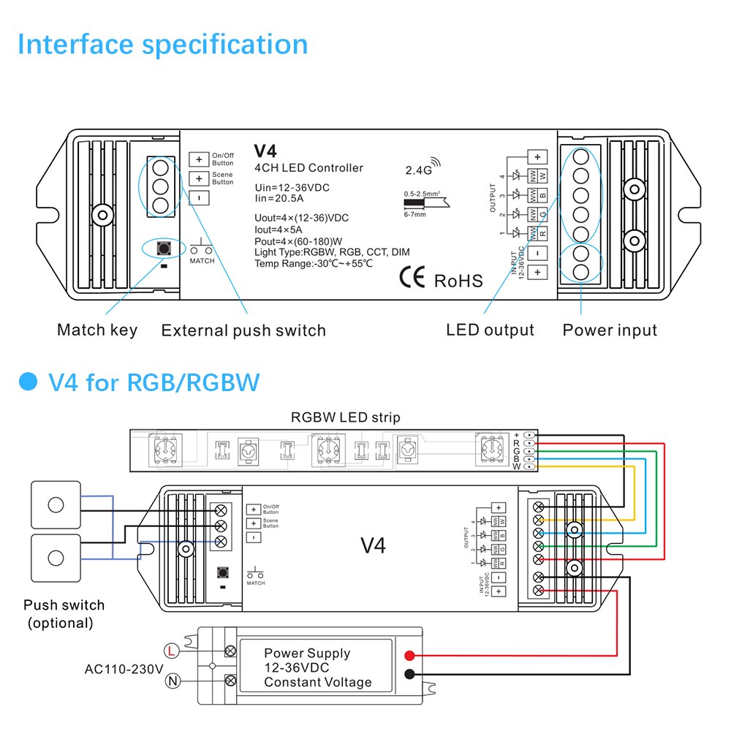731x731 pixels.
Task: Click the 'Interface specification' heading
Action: (x=162, y=45)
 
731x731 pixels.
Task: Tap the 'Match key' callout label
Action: (x=97, y=330)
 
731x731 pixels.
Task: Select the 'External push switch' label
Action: (x=243, y=330)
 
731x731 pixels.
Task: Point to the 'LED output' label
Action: (x=490, y=330)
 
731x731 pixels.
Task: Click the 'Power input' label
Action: (x=610, y=330)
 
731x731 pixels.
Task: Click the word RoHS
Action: (x=458, y=281)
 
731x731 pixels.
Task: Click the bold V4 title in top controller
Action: (x=265, y=151)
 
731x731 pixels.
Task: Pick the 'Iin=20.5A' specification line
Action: (x=281, y=198)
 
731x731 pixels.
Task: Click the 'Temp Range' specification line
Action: (x=314, y=263)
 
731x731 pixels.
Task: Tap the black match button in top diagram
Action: (x=162, y=249)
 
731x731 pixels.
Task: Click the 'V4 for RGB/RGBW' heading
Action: (x=154, y=382)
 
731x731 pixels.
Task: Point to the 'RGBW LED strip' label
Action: (x=346, y=418)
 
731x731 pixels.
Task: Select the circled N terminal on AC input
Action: (x=173, y=681)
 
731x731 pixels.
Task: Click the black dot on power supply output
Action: (x=410, y=675)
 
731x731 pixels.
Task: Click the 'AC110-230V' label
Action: (x=124, y=668)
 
